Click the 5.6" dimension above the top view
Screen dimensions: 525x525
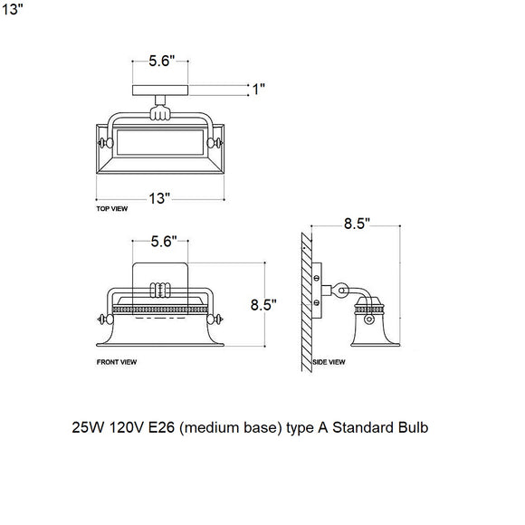[x=162, y=62]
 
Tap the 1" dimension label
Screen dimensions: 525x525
[x=258, y=89]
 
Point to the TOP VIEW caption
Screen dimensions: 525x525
[x=111, y=208]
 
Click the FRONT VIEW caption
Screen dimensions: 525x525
[x=116, y=361]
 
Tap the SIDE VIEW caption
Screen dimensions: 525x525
[x=329, y=361]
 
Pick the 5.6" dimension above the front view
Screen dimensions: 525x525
[x=162, y=243]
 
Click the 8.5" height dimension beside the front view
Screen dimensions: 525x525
[x=263, y=304]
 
